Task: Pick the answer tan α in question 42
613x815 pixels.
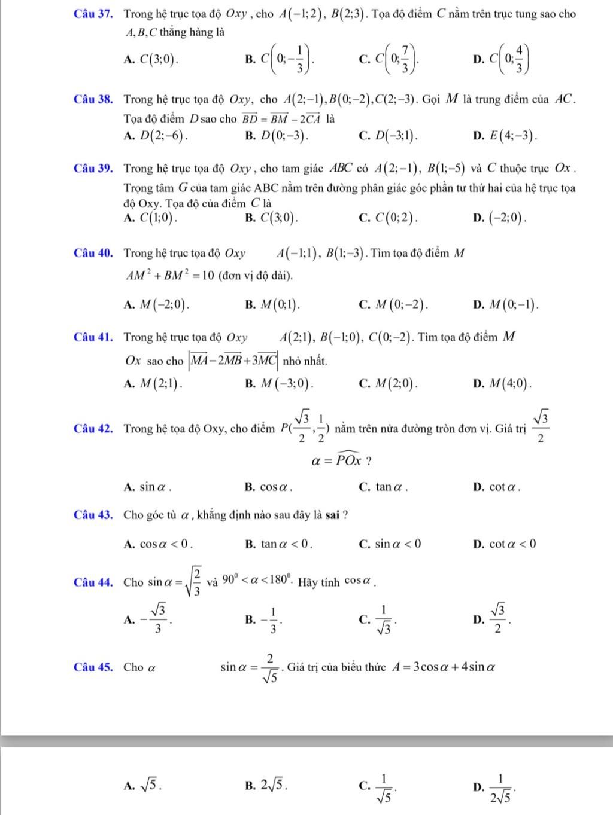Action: coord(391,487)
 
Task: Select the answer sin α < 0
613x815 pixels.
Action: coord(398,544)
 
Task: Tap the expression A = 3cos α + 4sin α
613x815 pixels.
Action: coord(443,666)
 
